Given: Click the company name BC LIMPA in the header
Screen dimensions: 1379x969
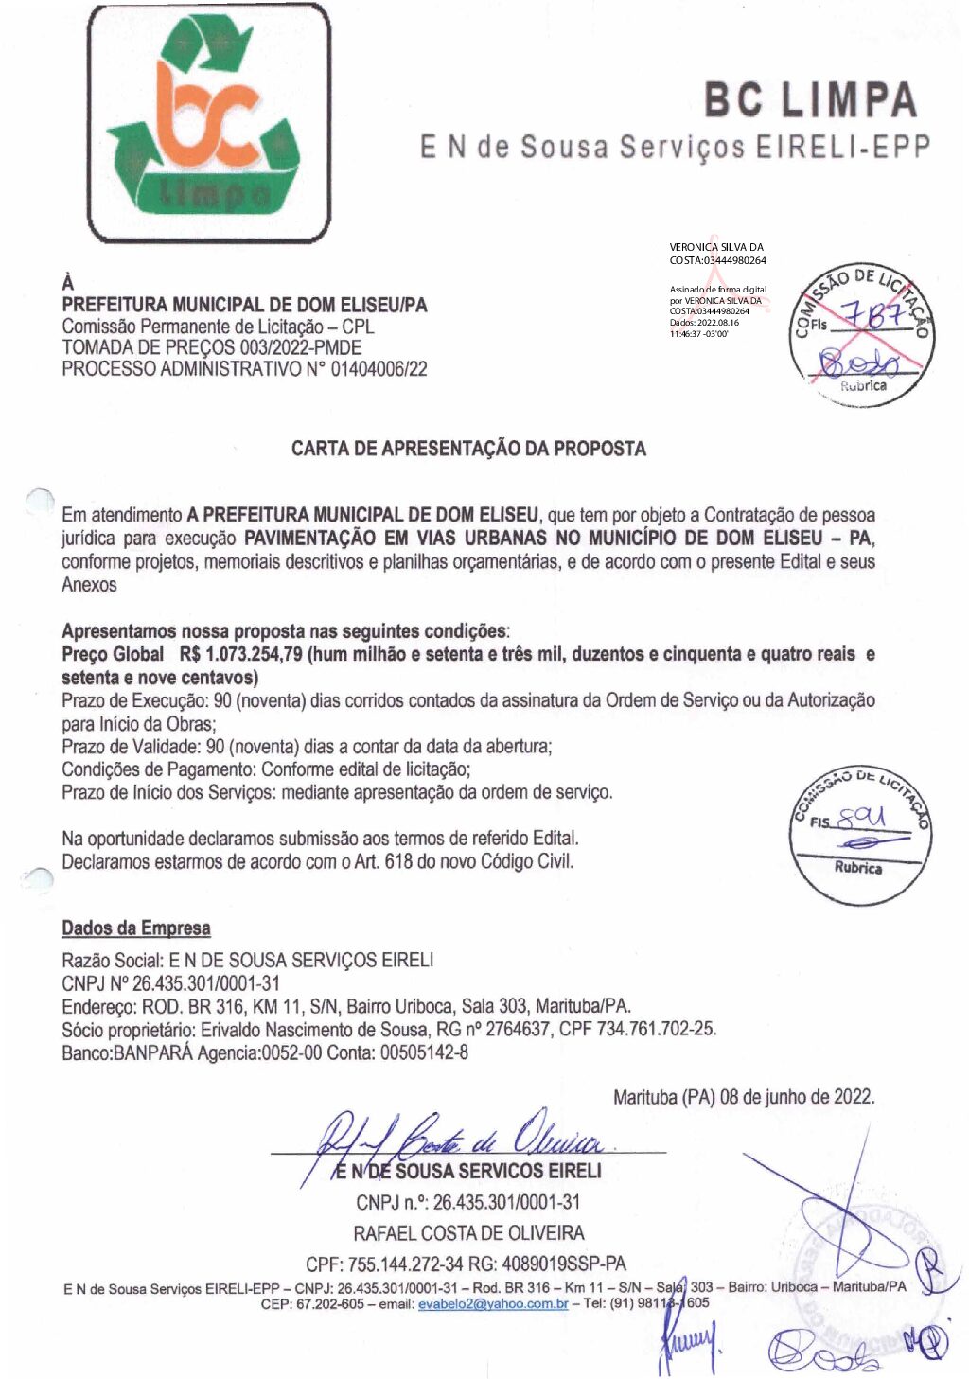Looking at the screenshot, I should (x=810, y=100).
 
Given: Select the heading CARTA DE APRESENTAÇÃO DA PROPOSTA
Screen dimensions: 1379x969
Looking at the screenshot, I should (x=468, y=449).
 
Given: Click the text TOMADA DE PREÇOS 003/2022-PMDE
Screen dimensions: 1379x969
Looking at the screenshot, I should (x=211, y=347).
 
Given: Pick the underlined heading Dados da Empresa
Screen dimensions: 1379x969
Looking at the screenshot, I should (x=136, y=928).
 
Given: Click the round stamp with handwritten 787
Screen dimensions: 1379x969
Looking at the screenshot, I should (x=861, y=333).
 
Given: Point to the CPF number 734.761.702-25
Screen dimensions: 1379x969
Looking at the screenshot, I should (x=655, y=1029).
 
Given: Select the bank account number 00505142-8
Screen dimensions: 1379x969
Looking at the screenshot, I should (x=424, y=1052).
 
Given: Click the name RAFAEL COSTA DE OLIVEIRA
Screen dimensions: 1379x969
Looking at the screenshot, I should (x=468, y=1233).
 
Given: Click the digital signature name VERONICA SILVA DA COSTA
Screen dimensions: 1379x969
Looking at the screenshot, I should (x=717, y=254).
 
